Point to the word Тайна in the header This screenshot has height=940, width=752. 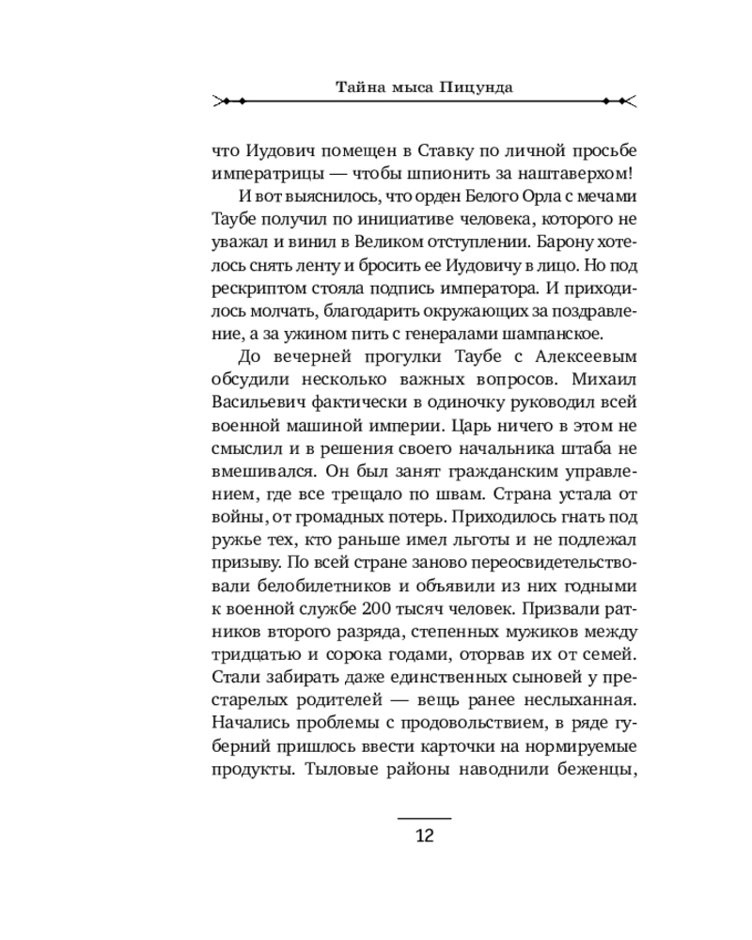(x=356, y=87)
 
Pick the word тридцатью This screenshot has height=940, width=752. (x=248, y=650)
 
